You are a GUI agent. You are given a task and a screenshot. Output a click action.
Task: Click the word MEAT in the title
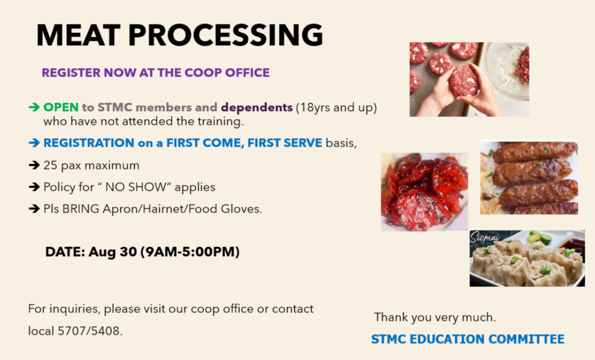pyautogui.click(x=78, y=35)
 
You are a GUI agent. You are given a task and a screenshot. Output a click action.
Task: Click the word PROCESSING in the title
pyautogui.click(x=226, y=35)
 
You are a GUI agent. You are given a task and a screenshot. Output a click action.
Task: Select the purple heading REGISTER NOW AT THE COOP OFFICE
pyautogui.click(x=155, y=72)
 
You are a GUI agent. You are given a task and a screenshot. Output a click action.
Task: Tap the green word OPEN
pyautogui.click(x=61, y=107)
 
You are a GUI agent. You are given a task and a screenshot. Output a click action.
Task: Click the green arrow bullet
pyautogui.click(x=34, y=107)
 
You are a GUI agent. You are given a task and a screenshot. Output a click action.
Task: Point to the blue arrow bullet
pyautogui.click(x=34, y=143)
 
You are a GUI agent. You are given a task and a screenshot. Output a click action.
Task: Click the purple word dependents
pyautogui.click(x=257, y=108)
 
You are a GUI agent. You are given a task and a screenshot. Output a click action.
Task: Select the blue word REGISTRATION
pyautogui.click(x=89, y=143)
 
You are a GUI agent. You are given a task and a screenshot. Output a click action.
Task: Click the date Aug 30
pyautogui.click(x=113, y=252)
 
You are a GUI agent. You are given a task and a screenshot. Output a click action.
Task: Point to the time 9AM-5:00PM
pyautogui.click(x=190, y=252)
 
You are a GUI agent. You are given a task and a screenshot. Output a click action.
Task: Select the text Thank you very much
pyautogui.click(x=435, y=317)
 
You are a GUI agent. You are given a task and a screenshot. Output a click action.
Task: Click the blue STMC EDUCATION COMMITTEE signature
pyautogui.click(x=467, y=339)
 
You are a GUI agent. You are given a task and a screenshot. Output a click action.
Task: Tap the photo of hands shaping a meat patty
pyautogui.click(x=469, y=79)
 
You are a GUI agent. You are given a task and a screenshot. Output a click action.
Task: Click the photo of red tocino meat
pyautogui.click(x=424, y=192)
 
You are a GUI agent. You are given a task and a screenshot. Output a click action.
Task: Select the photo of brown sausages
pyautogui.click(x=529, y=177)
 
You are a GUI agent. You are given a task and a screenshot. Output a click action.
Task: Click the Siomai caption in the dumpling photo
pyautogui.click(x=485, y=237)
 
